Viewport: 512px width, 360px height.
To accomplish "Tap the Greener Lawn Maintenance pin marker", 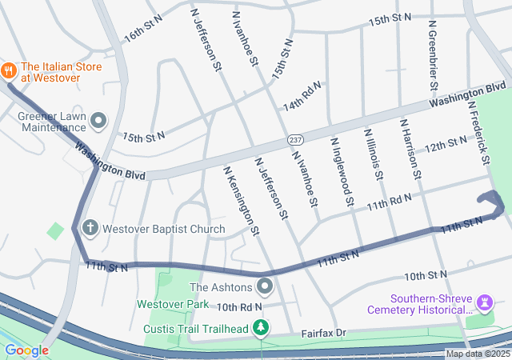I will coord(99,121).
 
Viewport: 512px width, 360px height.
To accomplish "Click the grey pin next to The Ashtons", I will coord(265,287).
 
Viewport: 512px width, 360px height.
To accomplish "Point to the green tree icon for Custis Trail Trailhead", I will coord(261,327).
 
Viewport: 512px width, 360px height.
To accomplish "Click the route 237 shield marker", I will coord(295,140).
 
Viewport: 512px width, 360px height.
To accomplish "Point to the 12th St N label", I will coord(446,145).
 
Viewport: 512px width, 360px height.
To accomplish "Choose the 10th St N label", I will coord(425,276).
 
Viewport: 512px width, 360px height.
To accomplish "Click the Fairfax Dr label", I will coord(323,332).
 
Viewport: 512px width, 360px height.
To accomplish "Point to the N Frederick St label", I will coord(478,132).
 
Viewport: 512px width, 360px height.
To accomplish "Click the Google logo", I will coord(26,350).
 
